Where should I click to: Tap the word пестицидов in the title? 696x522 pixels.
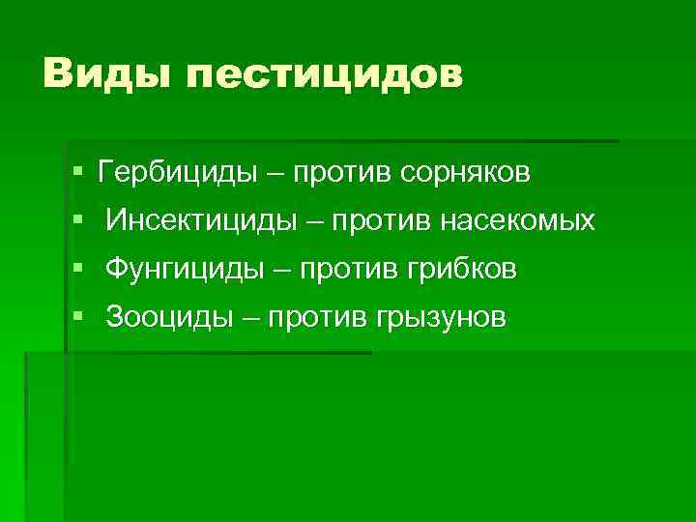[x=324, y=75]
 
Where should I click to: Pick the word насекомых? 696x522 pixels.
[x=518, y=221]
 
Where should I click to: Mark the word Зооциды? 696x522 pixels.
[x=169, y=317]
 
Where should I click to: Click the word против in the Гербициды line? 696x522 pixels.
[x=339, y=174]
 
